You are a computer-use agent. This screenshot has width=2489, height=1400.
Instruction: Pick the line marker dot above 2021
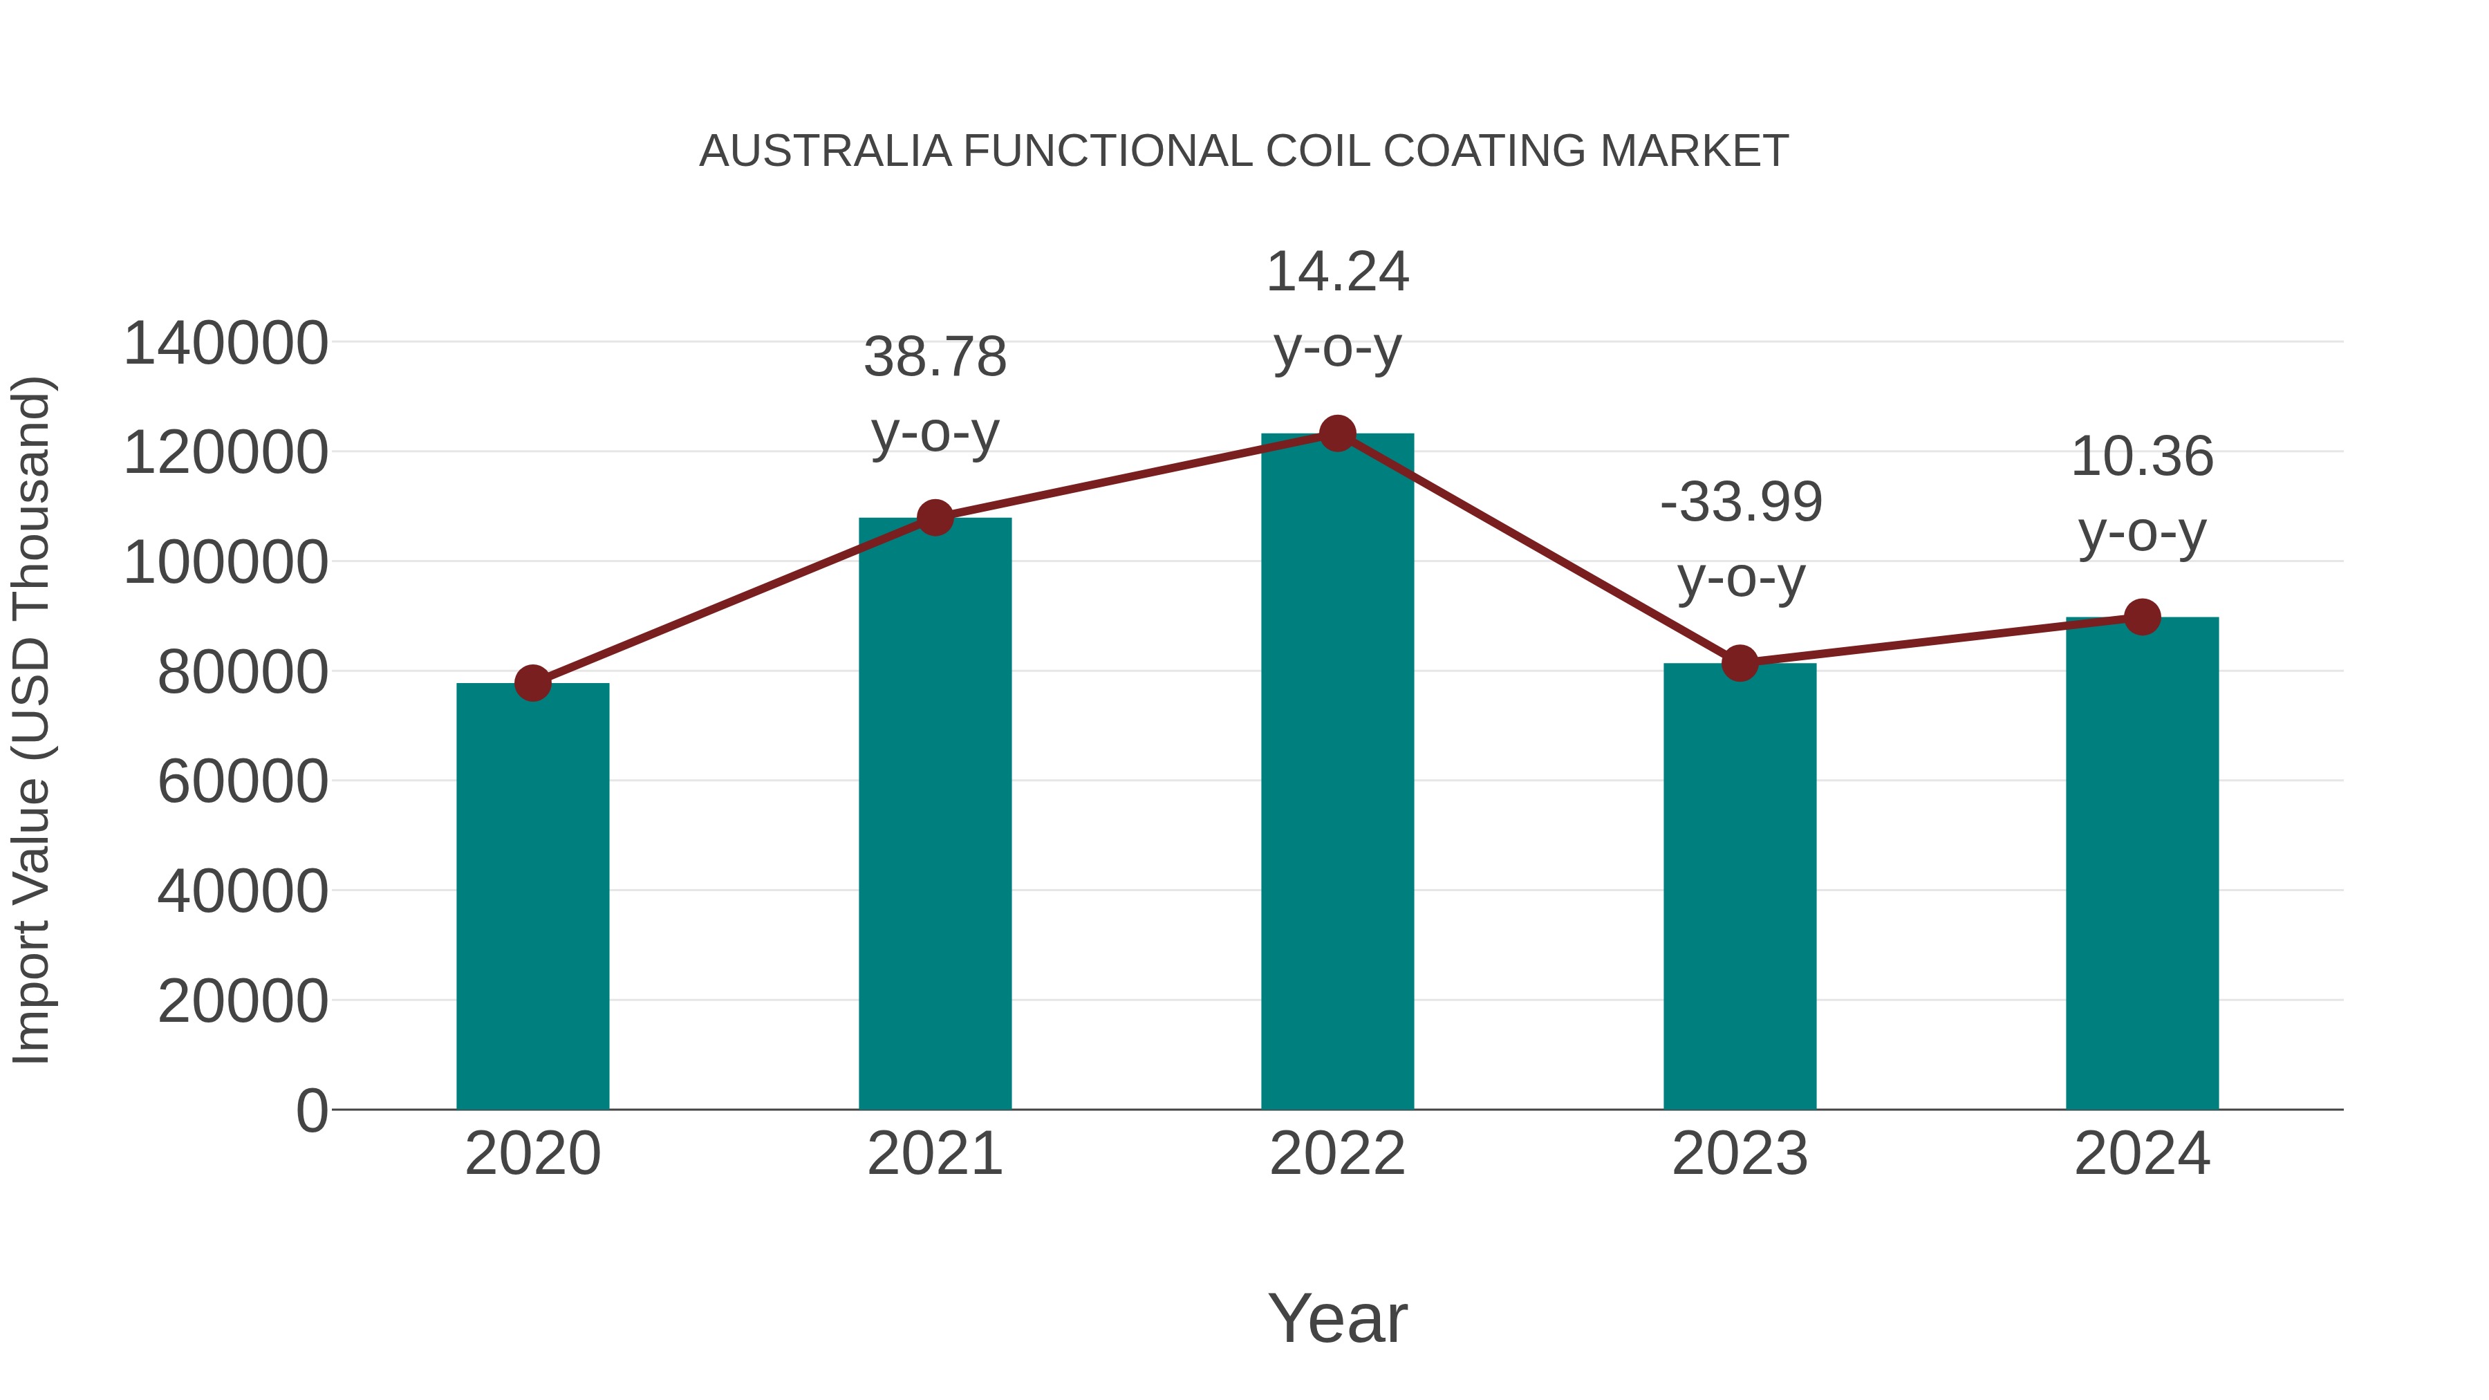tap(935, 518)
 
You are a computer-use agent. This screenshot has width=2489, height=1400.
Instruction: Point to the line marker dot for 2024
tap(2142, 617)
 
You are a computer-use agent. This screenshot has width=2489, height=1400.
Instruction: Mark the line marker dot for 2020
tap(532, 683)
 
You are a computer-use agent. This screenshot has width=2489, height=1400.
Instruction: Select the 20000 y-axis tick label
tap(243, 1001)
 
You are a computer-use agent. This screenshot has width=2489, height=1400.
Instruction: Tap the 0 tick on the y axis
tap(312, 1110)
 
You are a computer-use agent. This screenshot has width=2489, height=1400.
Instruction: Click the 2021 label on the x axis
tap(935, 1154)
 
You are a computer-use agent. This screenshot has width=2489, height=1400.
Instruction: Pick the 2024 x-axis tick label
tap(2142, 1154)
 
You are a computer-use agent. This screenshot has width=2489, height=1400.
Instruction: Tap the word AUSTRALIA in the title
tap(825, 151)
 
